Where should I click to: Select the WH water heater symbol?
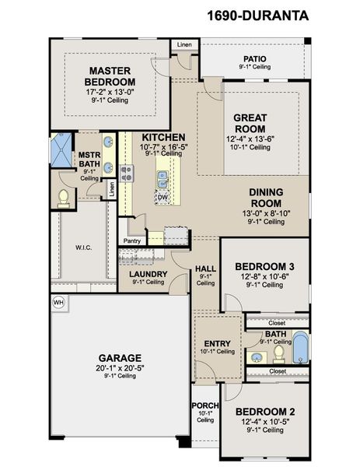point(58,301)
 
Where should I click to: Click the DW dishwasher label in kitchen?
point(163,198)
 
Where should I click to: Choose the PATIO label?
point(255,58)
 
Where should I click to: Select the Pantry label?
point(132,241)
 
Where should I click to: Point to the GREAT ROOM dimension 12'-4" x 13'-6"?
point(250,139)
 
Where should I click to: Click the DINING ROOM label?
point(265,198)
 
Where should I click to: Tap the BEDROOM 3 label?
point(264,267)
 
